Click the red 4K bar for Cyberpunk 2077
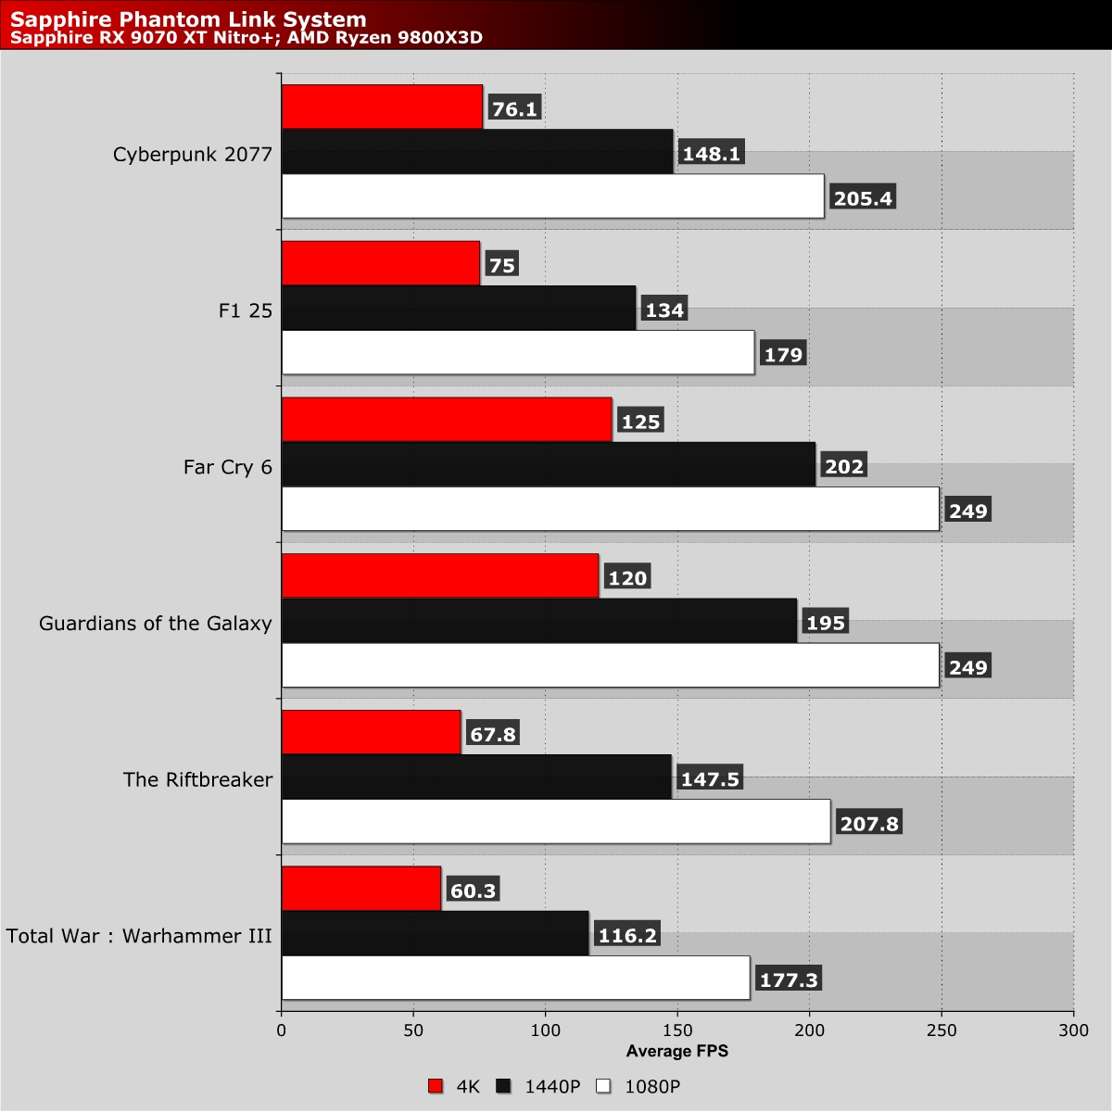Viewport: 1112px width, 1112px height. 382,107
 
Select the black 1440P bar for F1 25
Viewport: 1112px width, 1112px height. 459,309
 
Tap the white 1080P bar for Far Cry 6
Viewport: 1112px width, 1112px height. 611,509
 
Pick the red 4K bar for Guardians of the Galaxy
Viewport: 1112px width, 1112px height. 440,575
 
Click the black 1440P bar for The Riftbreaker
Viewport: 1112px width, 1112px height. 476,777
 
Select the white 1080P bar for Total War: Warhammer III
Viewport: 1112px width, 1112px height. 516,978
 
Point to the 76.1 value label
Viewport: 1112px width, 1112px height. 514,108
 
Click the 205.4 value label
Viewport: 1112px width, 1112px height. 863,198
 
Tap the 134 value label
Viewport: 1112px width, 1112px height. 664,310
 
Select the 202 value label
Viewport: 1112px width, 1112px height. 843,466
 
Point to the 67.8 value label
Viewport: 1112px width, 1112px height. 493,734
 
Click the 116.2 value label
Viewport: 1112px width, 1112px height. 627,935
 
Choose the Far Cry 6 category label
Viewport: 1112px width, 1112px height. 227,467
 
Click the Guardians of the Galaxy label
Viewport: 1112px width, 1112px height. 156,624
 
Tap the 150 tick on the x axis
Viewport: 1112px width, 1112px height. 677,1030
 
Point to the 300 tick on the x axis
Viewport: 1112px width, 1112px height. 1074,1030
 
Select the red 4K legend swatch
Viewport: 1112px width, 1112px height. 436,1086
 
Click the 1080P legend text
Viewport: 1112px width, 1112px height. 652,1087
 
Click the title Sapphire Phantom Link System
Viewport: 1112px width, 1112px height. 188,19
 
